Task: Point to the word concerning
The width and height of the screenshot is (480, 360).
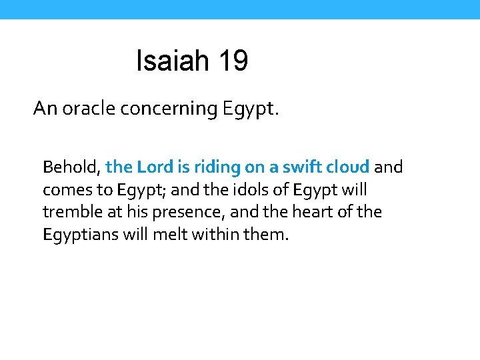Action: point(169,109)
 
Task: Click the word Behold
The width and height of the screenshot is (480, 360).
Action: point(71,167)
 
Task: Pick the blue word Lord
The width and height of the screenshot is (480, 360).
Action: point(155,167)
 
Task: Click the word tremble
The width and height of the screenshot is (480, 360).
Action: point(71,212)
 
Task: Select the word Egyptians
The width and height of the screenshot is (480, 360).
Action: point(81,235)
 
